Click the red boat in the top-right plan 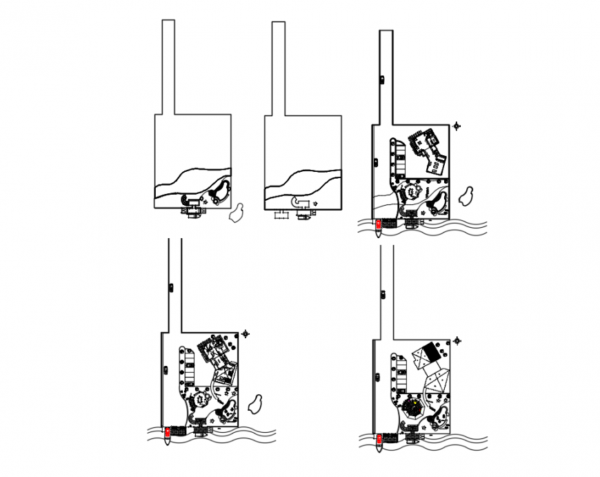[x=379, y=224]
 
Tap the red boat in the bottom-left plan [x=167, y=433]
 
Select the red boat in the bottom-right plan [x=379, y=439]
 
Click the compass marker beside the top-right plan [x=457, y=126]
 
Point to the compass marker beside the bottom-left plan [x=246, y=333]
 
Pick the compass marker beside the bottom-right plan [x=457, y=340]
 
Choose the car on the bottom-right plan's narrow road [x=382, y=295]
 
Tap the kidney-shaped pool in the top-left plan [x=221, y=193]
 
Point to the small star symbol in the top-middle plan [x=314, y=203]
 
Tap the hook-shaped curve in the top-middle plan [x=299, y=201]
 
